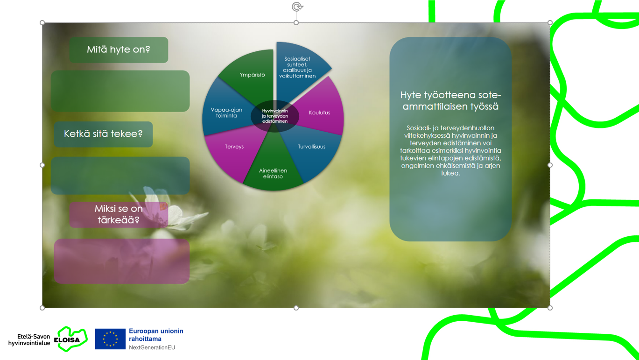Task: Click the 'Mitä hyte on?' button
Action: (x=119, y=50)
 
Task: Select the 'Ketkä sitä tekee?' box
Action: (x=103, y=134)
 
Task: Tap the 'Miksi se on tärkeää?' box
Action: (x=119, y=215)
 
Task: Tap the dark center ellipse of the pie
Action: (x=275, y=116)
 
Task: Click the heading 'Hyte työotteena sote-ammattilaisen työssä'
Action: (x=450, y=101)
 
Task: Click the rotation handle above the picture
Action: (x=297, y=7)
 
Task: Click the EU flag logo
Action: (x=110, y=339)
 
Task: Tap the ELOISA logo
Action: (x=71, y=339)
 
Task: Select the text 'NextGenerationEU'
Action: (x=152, y=347)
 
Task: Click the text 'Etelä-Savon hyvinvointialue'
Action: (x=29, y=340)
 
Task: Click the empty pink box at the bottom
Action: (x=121, y=261)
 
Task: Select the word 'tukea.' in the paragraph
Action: (x=450, y=173)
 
